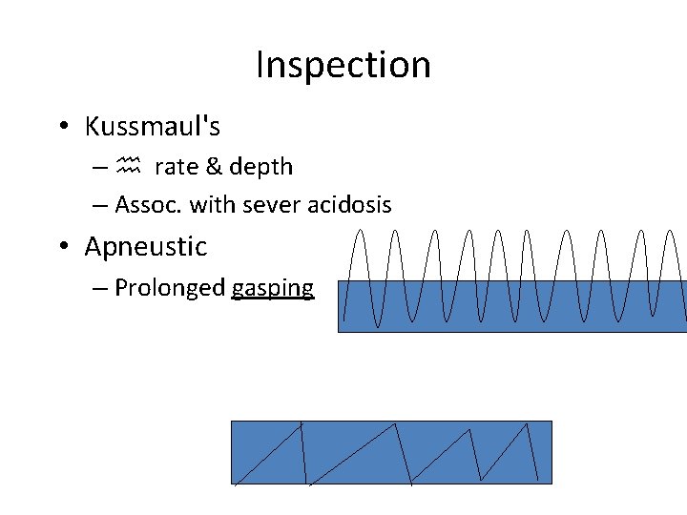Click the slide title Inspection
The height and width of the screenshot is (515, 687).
pos(343,65)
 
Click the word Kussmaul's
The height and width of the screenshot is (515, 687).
pos(152,126)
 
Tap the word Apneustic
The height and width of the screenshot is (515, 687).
pos(145,246)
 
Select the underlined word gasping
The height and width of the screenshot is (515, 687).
pos(273,288)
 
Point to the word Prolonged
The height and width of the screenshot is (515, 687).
pos(170,288)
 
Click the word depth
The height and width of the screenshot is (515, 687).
pos(260,167)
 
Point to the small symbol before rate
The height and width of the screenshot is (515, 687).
pos(129,167)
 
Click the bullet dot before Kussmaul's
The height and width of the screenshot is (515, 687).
pos(62,127)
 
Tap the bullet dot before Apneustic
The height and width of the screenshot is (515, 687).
pos(62,247)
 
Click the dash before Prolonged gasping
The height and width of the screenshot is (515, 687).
pos(100,288)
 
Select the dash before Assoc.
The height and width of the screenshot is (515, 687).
pos(100,204)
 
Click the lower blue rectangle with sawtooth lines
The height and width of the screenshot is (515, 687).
pos(391,452)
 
